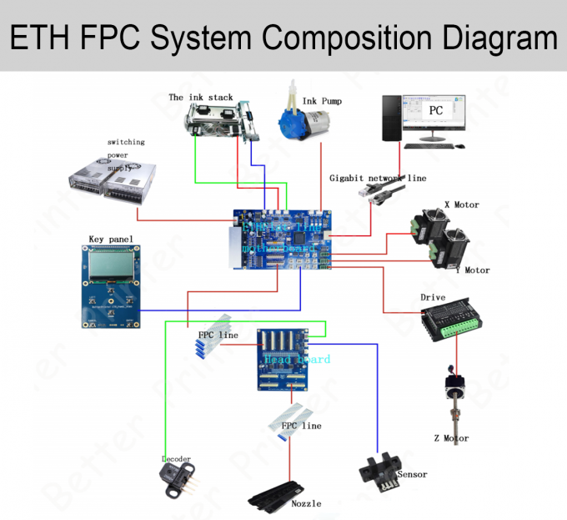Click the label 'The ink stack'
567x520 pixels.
(200, 98)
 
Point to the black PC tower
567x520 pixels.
(391, 122)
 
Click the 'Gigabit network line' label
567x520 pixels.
(377, 178)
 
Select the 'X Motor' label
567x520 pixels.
(461, 204)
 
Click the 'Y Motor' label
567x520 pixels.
(472, 270)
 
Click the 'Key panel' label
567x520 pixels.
(110, 240)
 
